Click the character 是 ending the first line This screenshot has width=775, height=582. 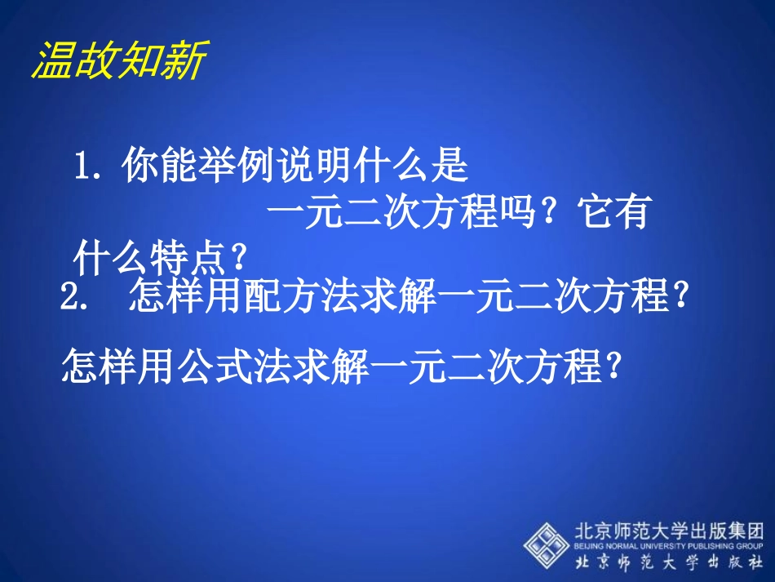tap(450, 167)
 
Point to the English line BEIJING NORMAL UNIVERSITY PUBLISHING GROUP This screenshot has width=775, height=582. tap(670, 545)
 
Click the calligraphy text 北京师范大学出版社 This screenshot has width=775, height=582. tap(670, 562)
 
